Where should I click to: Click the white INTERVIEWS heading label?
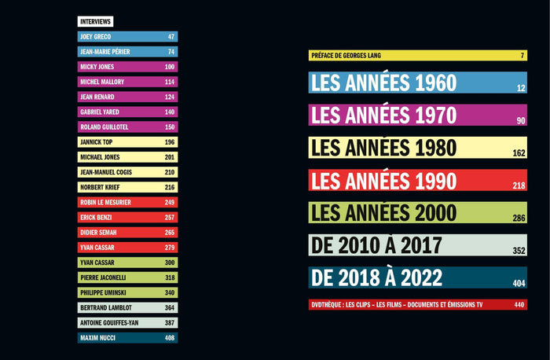pyautogui.click(x=95, y=21)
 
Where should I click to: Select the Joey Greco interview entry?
pyautogui.click(x=127, y=37)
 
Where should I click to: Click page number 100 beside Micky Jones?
pyautogui.click(x=170, y=67)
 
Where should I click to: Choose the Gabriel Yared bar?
pyautogui.click(x=127, y=112)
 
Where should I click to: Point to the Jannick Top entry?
pyautogui.click(x=127, y=142)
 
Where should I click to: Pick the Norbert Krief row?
pyautogui.click(x=127, y=187)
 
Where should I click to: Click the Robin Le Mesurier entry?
pyautogui.click(x=127, y=203)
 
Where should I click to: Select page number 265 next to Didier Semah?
pyautogui.click(x=170, y=233)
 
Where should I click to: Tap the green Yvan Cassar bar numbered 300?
pyautogui.click(x=127, y=263)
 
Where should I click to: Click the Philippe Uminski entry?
pyautogui.click(x=127, y=293)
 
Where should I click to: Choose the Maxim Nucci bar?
pyautogui.click(x=127, y=338)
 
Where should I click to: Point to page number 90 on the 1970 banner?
pyautogui.click(x=520, y=121)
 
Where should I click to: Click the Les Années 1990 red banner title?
pyautogui.click(x=383, y=181)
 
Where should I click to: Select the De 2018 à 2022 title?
pyautogui.click(x=377, y=277)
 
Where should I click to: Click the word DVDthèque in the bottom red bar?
pyautogui.click(x=329, y=305)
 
